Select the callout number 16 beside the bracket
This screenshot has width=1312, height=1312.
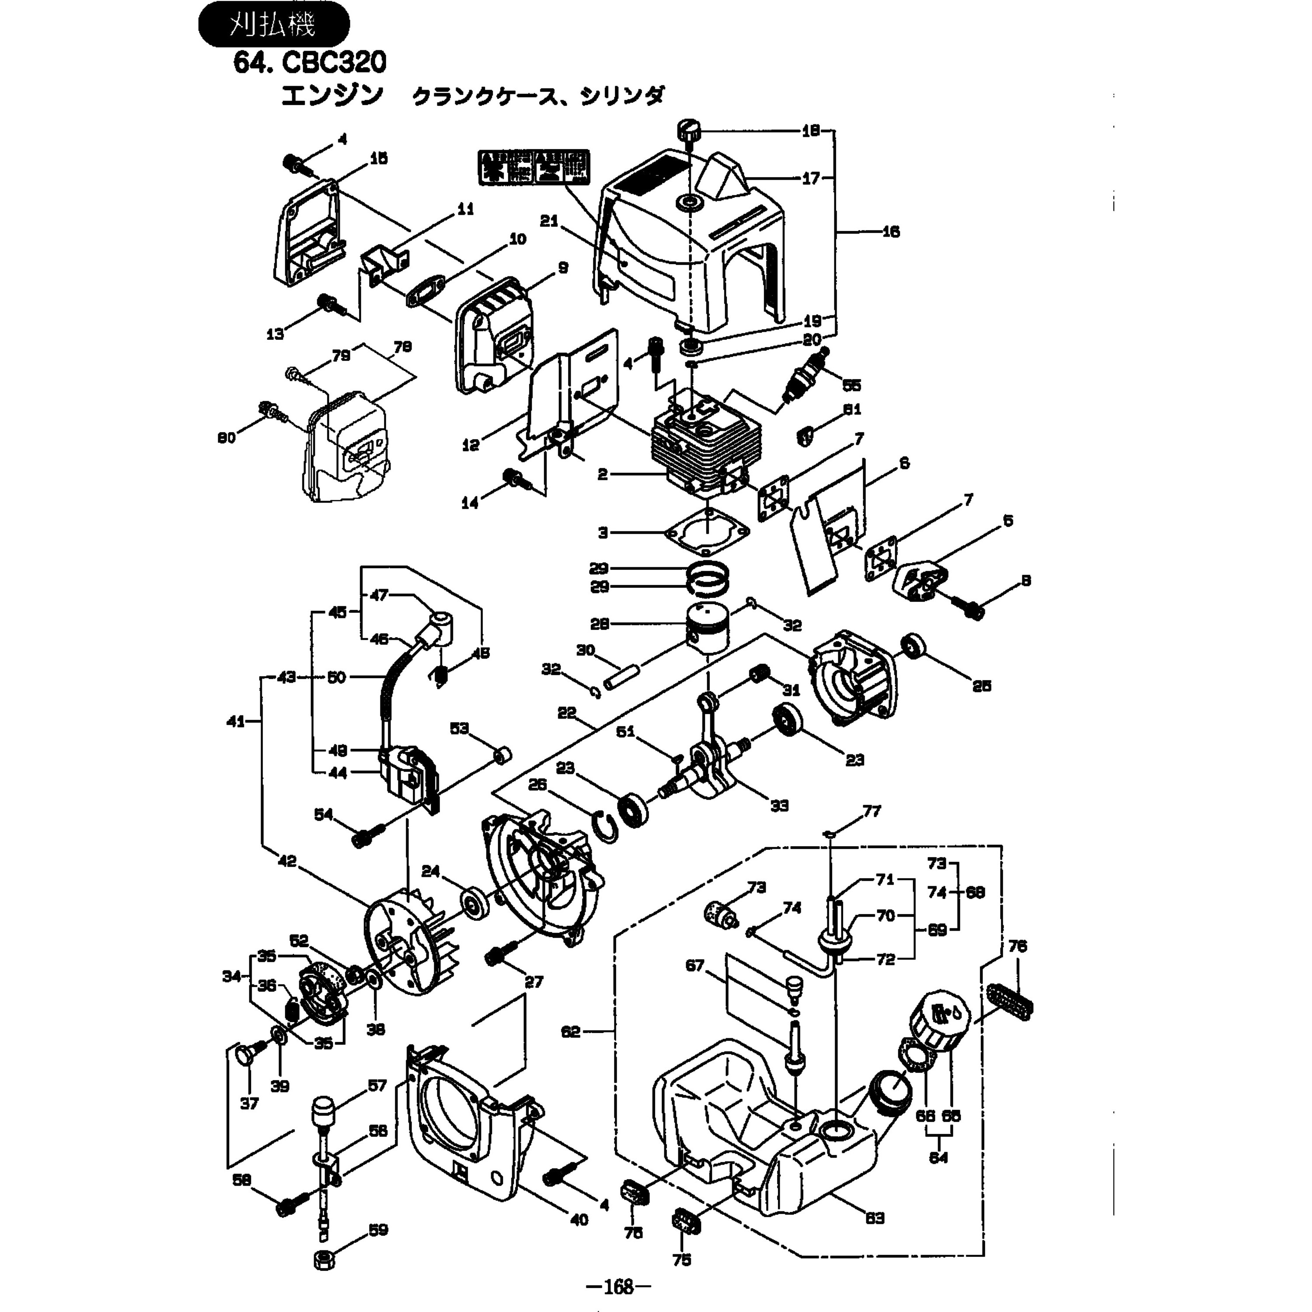pyautogui.click(x=890, y=232)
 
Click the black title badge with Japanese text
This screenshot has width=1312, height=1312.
pyautogui.click(x=273, y=26)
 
